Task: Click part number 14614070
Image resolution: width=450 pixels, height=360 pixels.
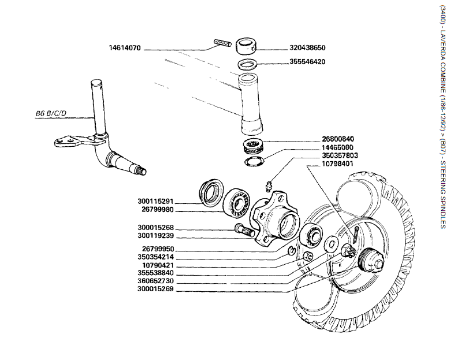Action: click(125, 48)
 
